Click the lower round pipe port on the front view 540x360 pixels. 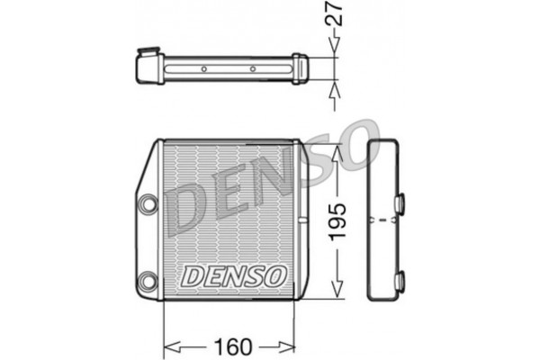(x=145, y=280)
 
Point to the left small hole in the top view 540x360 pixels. (x=203, y=68)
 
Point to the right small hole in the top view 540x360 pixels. (x=253, y=68)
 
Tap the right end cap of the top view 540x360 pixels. (x=299, y=68)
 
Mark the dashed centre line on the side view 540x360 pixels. (x=383, y=220)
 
